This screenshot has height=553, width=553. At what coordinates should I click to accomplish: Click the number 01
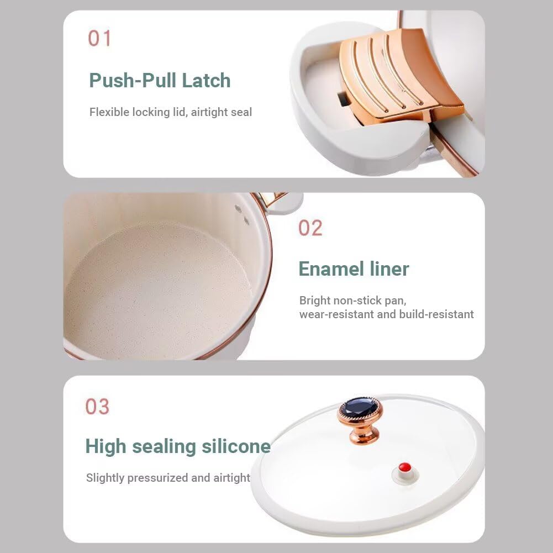click(x=99, y=38)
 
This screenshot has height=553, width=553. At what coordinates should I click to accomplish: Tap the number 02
click(x=310, y=228)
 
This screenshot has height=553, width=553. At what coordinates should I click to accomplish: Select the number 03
click(x=97, y=406)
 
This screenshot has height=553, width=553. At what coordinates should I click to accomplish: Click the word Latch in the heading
click(x=206, y=81)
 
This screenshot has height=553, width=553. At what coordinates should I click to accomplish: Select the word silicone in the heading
click(x=236, y=446)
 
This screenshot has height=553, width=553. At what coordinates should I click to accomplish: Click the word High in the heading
click(x=106, y=447)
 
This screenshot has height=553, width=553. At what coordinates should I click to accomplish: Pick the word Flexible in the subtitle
click(x=110, y=112)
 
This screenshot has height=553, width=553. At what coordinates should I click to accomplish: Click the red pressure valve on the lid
click(x=404, y=468)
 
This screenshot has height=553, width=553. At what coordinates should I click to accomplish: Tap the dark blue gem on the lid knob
click(x=360, y=408)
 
